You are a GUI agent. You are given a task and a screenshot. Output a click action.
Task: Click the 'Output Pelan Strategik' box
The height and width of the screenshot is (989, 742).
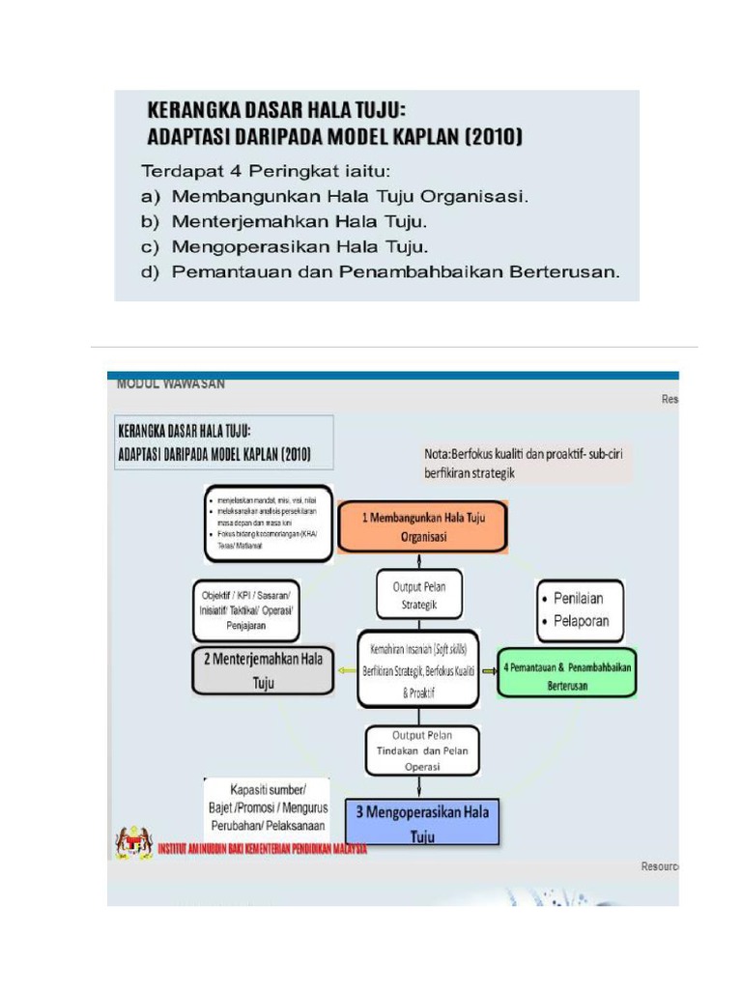click(418, 596)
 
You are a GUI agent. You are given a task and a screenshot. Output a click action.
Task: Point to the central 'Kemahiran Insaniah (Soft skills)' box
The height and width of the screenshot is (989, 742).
click(417, 669)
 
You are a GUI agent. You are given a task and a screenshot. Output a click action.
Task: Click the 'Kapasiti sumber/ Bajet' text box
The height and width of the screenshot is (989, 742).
click(267, 807)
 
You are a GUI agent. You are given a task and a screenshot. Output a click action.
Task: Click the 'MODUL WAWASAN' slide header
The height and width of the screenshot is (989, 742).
click(171, 383)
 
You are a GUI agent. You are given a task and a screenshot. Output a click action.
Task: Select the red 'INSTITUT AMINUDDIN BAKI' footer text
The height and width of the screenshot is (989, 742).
click(261, 849)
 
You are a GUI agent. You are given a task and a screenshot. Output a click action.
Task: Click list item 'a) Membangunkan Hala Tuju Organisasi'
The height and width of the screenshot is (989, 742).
click(335, 197)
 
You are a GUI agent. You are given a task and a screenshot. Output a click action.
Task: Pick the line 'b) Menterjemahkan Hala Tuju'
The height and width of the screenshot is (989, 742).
click(284, 222)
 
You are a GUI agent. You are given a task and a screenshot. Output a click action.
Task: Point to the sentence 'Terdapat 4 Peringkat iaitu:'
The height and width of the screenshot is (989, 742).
click(265, 172)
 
